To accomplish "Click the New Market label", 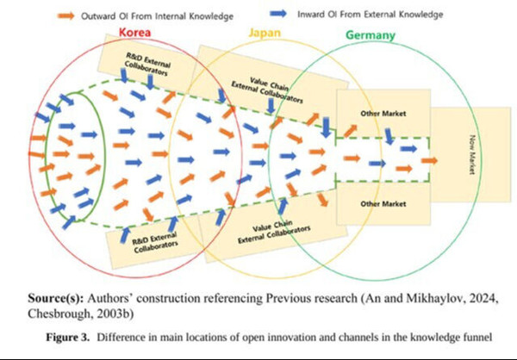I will click(471, 156).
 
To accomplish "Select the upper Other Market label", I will click(382, 115).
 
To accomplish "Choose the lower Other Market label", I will click(382, 203).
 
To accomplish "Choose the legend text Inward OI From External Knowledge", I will click(371, 14).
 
